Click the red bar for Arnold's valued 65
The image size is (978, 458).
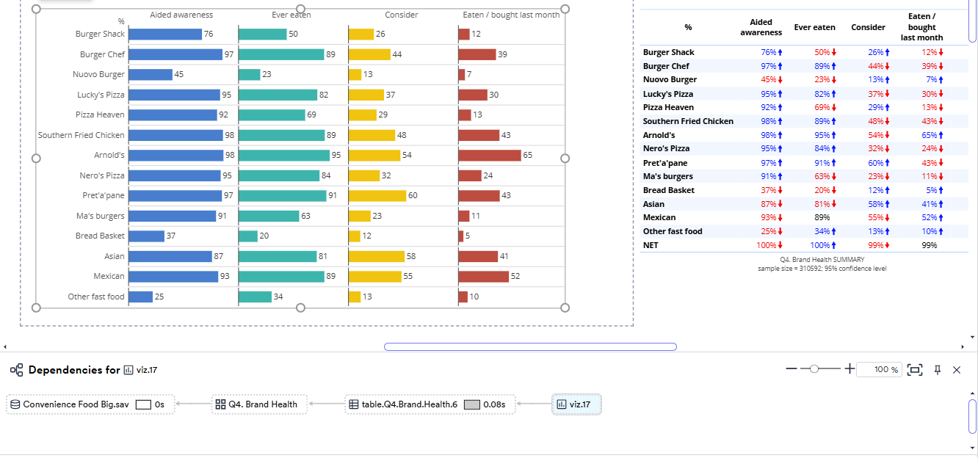tap(489, 156)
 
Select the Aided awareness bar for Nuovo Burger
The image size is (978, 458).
tap(151, 75)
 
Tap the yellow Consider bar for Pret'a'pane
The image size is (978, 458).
tap(377, 196)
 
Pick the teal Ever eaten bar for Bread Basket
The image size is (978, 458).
tap(248, 236)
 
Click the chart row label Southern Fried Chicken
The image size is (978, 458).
tap(81, 135)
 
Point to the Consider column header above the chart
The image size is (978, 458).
tap(402, 15)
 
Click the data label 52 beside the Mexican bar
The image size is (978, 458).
tap(516, 277)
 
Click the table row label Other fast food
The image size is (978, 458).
tap(673, 231)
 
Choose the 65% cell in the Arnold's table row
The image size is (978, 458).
tap(929, 135)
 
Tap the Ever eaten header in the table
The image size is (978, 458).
tap(814, 27)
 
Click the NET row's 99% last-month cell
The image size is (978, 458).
tap(930, 245)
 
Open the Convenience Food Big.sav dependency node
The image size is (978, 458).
tap(76, 404)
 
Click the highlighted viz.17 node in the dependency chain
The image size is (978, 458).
tap(576, 404)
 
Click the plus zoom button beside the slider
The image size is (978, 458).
tap(850, 369)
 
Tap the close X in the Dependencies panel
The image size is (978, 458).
tap(957, 370)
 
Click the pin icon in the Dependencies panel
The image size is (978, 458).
tap(937, 370)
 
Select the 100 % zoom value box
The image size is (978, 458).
tap(878, 370)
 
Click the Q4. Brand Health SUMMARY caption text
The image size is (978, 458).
tap(822, 260)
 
